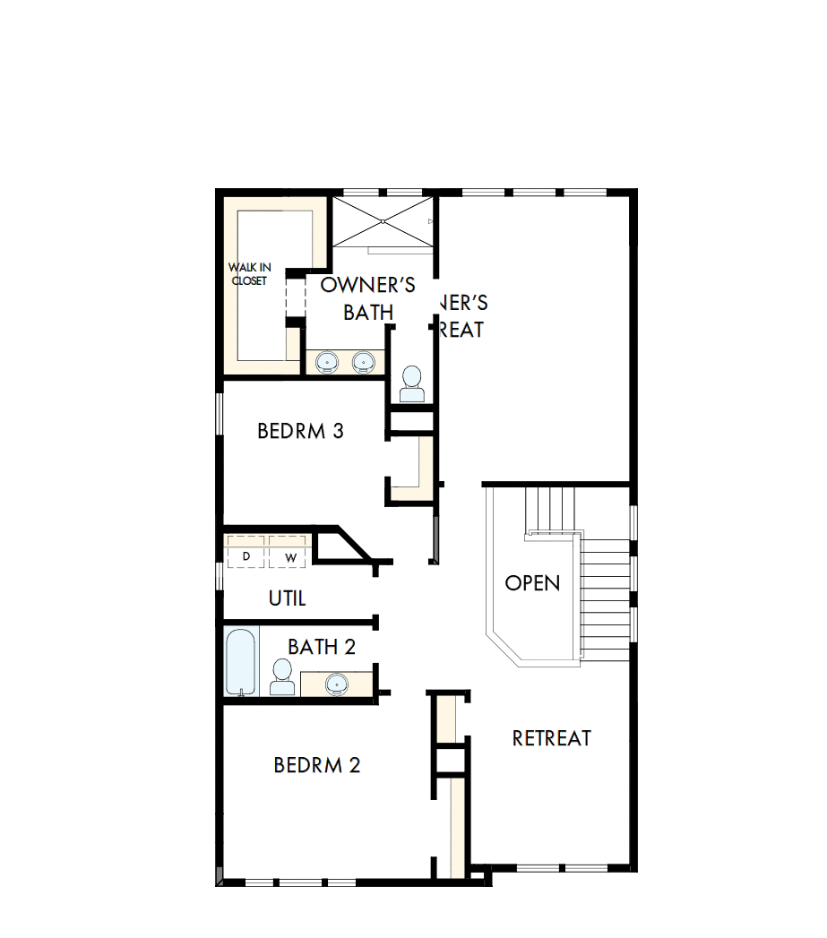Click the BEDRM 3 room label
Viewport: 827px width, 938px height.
coord(300,431)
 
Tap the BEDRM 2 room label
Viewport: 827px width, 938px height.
coord(317,765)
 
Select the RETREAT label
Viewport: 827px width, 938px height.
coord(551,738)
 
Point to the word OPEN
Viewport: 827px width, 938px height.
coord(532,583)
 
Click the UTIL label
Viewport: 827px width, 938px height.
coord(288,598)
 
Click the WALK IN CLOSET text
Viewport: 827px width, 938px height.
coord(249,273)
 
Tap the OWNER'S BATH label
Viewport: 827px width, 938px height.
coord(368,297)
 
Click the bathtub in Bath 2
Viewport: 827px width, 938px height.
coord(241,662)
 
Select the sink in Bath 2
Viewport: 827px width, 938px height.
coord(338,684)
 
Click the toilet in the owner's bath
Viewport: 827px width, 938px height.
coord(412,384)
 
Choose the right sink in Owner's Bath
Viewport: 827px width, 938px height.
coord(362,362)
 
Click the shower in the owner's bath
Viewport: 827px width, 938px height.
coord(383,220)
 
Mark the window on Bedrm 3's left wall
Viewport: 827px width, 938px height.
coord(219,414)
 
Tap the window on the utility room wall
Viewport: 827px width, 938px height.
coord(219,575)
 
